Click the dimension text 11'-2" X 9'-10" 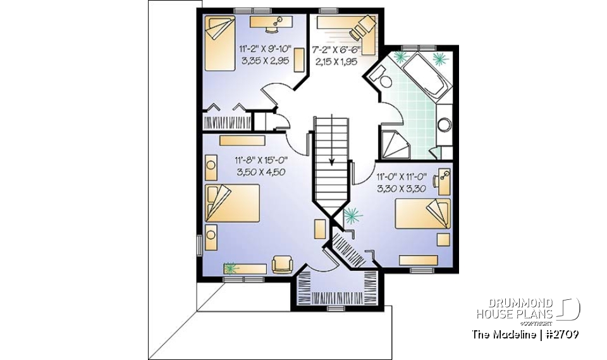tap(266, 49)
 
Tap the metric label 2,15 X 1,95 tap(335, 61)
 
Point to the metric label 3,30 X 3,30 tap(402, 189)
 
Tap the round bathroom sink tap(445, 124)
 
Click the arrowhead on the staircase tap(332, 161)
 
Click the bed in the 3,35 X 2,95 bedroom tap(219, 43)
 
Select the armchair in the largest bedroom tap(281, 263)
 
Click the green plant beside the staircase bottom tap(352, 216)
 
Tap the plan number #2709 tap(561, 334)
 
